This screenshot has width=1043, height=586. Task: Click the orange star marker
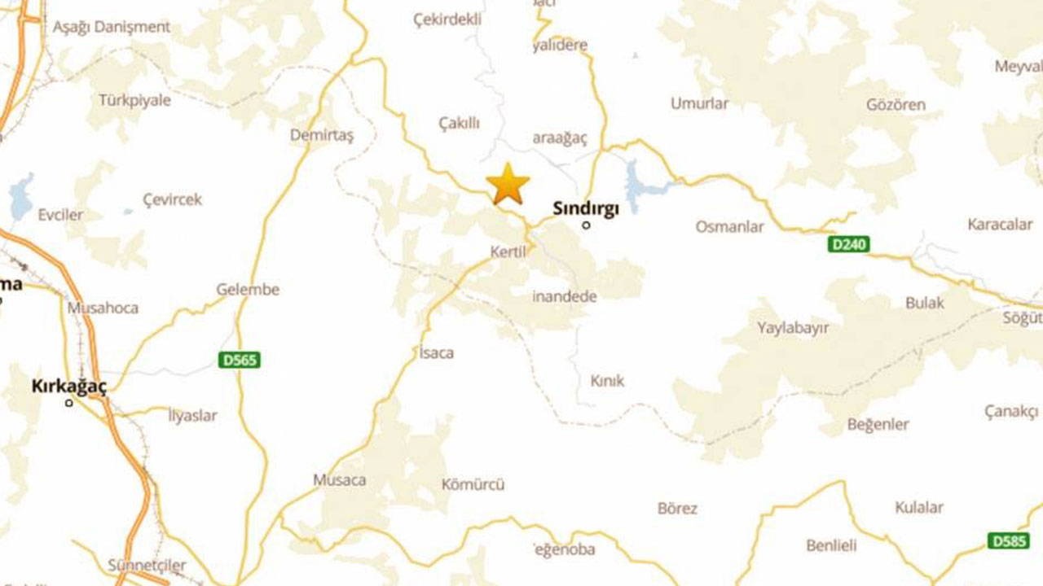[x=508, y=184]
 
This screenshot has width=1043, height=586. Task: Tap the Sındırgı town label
[x=586, y=208]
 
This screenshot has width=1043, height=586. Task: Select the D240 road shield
[x=849, y=244]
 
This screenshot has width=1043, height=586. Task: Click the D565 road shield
[x=239, y=359]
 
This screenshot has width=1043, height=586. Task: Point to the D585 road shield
[x=1008, y=540]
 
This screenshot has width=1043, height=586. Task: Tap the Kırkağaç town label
[x=69, y=387]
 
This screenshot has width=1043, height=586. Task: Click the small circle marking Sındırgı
[x=586, y=225]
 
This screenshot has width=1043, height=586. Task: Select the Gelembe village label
[x=248, y=289]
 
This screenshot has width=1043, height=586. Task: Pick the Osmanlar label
[x=729, y=226]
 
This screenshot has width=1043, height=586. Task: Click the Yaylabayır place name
[x=793, y=328]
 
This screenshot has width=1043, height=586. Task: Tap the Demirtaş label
[x=322, y=135]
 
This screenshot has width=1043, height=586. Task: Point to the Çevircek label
[x=172, y=199]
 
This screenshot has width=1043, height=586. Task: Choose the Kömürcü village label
[x=473, y=484]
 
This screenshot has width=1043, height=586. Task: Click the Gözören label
[x=896, y=105]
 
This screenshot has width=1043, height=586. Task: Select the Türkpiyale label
[x=134, y=100]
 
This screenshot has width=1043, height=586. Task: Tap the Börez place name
[x=677, y=509]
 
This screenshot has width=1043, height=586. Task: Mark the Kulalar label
[x=918, y=507]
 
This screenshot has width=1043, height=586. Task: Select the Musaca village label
[x=339, y=480]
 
